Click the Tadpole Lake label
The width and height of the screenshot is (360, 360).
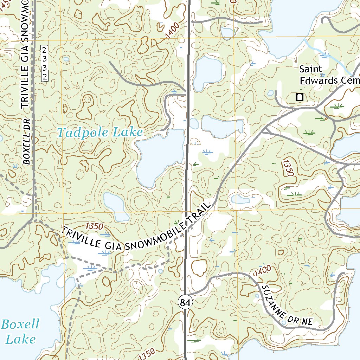pyautogui.click(x=100, y=133)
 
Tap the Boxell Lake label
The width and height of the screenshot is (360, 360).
pyautogui.click(x=20, y=332)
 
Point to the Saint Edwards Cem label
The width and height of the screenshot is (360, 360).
pyautogui.click(x=328, y=75)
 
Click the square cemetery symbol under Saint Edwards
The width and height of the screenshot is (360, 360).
pyautogui.click(x=300, y=97)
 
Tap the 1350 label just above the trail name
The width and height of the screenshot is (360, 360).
pyautogui.click(x=94, y=226)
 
